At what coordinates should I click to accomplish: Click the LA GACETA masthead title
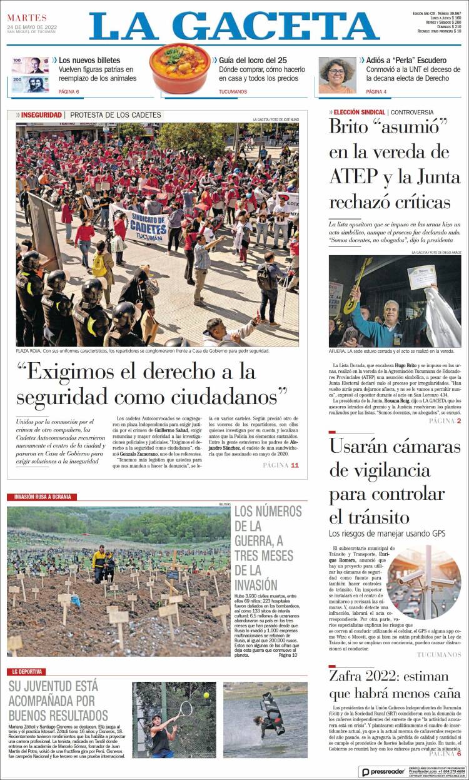pyautogui.click(x=234, y=27)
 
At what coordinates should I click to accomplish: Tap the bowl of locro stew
pyautogui.click(x=179, y=67)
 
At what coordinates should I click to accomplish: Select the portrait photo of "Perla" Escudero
pyautogui.click(x=337, y=75)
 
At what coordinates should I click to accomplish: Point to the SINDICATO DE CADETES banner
pyautogui.click(x=142, y=220)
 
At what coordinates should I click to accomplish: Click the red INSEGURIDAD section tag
pyautogui.click(x=41, y=115)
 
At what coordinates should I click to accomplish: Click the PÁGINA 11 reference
pyautogui.click(x=281, y=465)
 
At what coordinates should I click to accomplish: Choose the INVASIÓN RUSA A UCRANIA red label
pyautogui.click(x=43, y=497)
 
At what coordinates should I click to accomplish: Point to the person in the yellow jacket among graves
pyautogui.click(x=99, y=561)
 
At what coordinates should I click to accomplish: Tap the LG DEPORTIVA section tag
pyautogui.click(x=26, y=672)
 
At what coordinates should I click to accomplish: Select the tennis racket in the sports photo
pyautogui.click(x=184, y=709)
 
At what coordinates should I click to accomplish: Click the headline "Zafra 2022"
pyautogui.click(x=367, y=676)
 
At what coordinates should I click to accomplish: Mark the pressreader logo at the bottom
pyautogui.click(x=382, y=772)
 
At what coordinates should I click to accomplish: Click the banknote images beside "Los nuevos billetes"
pyautogui.click(x=29, y=74)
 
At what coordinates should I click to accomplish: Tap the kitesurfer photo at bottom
pyautogui.click(x=265, y=719)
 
